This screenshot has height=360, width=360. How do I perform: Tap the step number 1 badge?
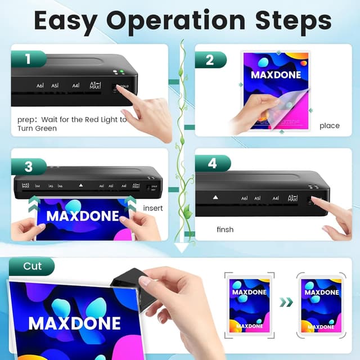[28, 58]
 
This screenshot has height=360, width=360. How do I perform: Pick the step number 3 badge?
[28, 166]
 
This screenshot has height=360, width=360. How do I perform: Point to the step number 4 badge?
[213, 163]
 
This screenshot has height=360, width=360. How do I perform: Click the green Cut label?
[31, 266]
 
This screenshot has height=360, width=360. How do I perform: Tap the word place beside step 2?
[329, 125]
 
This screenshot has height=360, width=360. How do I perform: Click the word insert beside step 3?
[153, 208]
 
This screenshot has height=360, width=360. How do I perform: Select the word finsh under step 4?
[225, 229]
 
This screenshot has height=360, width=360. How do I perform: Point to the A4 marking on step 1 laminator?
[75, 86]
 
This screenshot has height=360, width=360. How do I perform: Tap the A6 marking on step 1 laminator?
[40, 86]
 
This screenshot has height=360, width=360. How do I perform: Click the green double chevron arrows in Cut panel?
[286, 303]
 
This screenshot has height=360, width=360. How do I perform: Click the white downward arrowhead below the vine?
[181, 247]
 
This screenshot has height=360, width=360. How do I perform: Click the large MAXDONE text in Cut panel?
[74, 323]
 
